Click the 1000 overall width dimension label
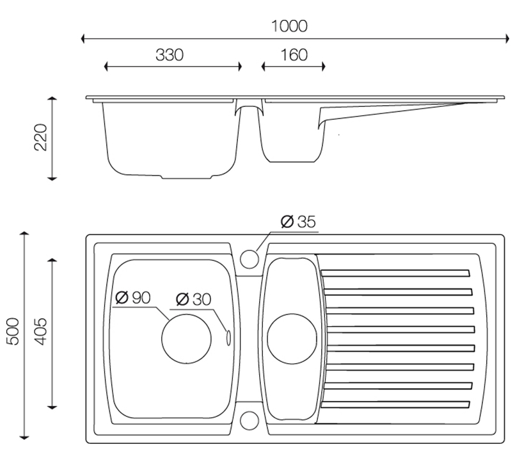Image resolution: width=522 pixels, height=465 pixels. [x=289, y=26]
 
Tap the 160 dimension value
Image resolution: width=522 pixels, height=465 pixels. [x=294, y=55]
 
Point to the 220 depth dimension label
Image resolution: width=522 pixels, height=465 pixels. [x=40, y=138]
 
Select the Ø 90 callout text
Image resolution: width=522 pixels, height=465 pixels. [x=132, y=297]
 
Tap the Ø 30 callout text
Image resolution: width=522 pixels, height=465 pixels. [x=193, y=298]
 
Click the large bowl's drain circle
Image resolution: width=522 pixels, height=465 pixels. [x=186, y=339]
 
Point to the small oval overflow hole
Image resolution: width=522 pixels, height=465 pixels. [x=226, y=337]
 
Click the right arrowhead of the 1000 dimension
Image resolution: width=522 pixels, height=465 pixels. [x=507, y=39]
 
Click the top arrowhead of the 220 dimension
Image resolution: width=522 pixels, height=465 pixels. [x=53, y=100]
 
